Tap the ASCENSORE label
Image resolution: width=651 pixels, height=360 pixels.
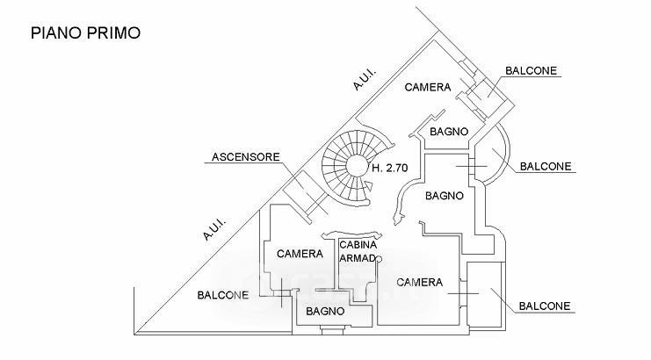click(x=245, y=158)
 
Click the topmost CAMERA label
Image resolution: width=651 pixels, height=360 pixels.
click(x=427, y=88)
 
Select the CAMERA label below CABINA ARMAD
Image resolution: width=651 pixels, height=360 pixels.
click(x=419, y=282)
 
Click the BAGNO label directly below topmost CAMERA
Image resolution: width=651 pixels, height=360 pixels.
click(x=447, y=132)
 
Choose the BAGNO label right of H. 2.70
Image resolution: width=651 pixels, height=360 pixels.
click(x=444, y=196)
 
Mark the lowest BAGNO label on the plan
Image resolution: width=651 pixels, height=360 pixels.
click(x=325, y=311)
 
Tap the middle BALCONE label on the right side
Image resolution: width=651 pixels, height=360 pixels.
click(x=546, y=165)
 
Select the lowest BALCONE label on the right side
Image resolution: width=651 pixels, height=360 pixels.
click(x=545, y=306)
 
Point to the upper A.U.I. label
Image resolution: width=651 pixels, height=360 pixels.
click(x=365, y=82)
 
